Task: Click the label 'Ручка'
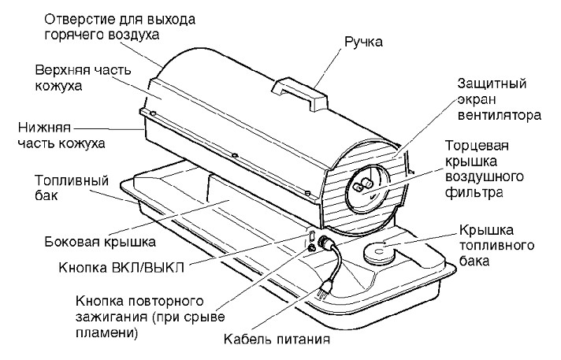[x=363, y=43]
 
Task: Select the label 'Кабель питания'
[x=277, y=339]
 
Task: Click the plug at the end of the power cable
[x=322, y=288]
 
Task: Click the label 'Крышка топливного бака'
[x=496, y=245]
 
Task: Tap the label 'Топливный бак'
[x=72, y=187]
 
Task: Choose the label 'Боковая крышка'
[x=100, y=242]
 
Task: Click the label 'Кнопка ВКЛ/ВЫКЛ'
[x=121, y=267]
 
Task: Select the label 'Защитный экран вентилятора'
[x=499, y=99]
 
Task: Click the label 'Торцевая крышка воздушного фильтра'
[x=485, y=169]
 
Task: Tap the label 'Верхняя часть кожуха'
[x=83, y=78]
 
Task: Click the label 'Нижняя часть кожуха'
[x=61, y=135]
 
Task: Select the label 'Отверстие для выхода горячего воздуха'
[x=120, y=28]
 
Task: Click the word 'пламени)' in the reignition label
[x=106, y=332]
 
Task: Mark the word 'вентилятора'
[x=499, y=116]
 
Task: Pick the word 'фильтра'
[x=474, y=192]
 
